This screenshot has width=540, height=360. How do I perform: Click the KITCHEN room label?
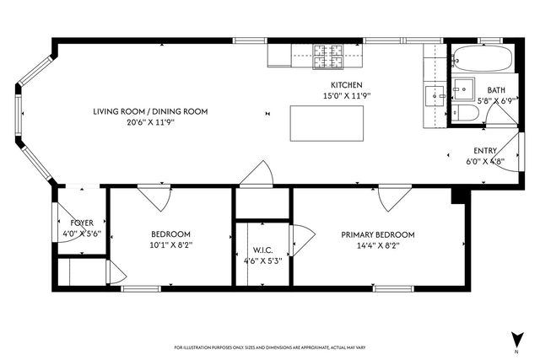point(346,85)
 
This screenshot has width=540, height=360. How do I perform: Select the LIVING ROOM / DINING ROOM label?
point(150,111)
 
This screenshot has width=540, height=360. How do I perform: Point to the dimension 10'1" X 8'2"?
point(170,245)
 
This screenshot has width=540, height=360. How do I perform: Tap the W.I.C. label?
point(262,250)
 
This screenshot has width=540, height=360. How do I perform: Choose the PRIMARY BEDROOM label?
point(377,234)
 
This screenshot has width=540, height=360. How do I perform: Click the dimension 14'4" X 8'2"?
point(377,245)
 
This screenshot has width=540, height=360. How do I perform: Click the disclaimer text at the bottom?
point(269,347)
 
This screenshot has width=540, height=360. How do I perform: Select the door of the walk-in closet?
point(297,239)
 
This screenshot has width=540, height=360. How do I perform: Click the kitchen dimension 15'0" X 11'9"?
point(346,96)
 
